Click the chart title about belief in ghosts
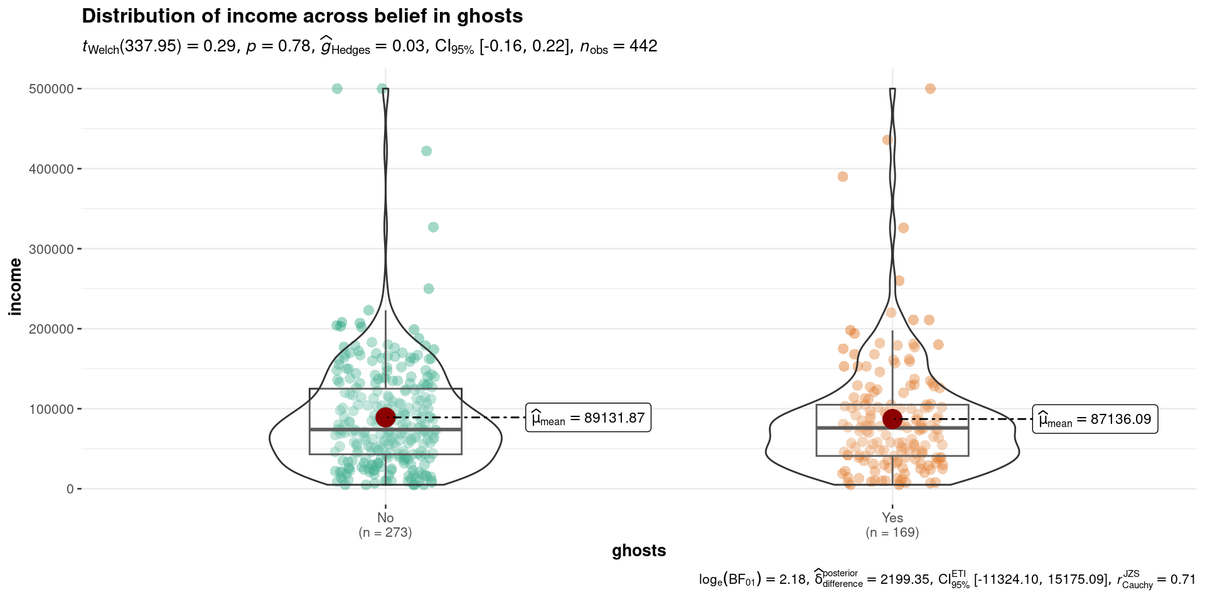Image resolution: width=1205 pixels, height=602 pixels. [x=302, y=16]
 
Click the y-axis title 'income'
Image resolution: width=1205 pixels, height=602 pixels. [x=15, y=287]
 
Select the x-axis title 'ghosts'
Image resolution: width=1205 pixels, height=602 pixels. [x=638, y=551]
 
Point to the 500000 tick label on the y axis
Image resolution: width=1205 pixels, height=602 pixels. [x=51, y=88]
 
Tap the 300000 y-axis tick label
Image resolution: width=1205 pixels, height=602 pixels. [x=51, y=249]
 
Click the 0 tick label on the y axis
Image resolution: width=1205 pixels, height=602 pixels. [x=70, y=489]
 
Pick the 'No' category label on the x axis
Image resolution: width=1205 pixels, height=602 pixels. [x=385, y=518]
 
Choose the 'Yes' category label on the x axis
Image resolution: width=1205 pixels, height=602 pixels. [x=892, y=518]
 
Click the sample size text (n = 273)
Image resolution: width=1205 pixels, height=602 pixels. [x=385, y=533]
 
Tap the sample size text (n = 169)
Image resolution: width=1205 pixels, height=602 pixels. [x=892, y=533]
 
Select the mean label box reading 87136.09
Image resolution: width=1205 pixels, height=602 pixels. [x=1095, y=420]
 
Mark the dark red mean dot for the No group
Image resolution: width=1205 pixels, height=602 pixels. [x=385, y=417]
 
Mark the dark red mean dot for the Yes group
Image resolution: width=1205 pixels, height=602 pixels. [x=892, y=419]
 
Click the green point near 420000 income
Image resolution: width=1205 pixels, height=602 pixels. [x=426, y=151]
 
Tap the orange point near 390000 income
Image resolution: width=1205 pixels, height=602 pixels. [x=843, y=177]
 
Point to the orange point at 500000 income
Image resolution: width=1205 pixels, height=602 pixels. [x=930, y=88]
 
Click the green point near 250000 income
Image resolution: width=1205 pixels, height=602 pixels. [x=429, y=289]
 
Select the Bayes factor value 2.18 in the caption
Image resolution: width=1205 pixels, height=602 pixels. [x=792, y=579]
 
